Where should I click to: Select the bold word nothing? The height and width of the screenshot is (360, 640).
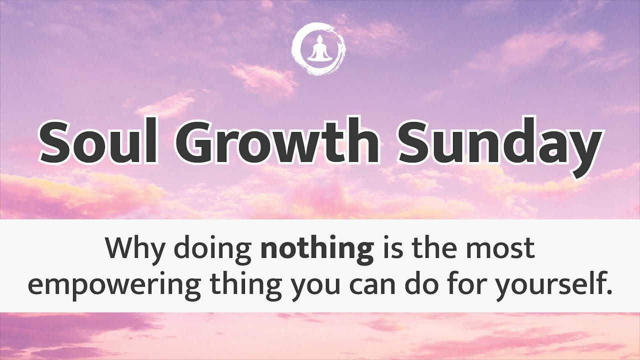tap(317, 250)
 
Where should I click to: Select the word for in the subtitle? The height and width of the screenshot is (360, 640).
tap(469, 283)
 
